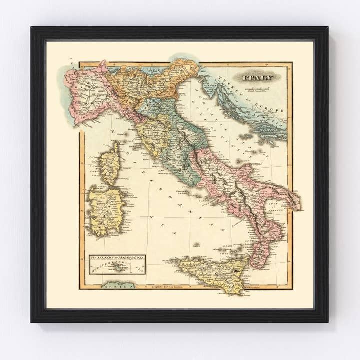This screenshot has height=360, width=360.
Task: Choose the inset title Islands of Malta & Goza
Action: tap(117, 259)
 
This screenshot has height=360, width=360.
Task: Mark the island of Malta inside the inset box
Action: tap(119, 269)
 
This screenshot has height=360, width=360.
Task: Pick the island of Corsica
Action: tap(110, 162)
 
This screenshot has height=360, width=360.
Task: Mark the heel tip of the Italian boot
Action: tap(299, 205)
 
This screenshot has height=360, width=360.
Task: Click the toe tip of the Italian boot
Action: tap(255, 265)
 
